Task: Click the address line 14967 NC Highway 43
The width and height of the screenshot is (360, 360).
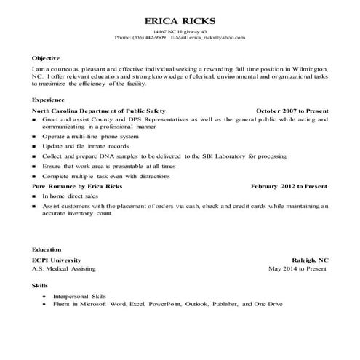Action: point(180,31)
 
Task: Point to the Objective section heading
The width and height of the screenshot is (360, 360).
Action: point(46,57)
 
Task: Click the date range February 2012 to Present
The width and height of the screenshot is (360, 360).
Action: point(289,186)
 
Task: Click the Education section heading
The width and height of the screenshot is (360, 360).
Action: point(47,249)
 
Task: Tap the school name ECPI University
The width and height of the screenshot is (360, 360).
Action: point(56,260)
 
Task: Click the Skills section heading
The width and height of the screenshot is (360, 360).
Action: point(41,287)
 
